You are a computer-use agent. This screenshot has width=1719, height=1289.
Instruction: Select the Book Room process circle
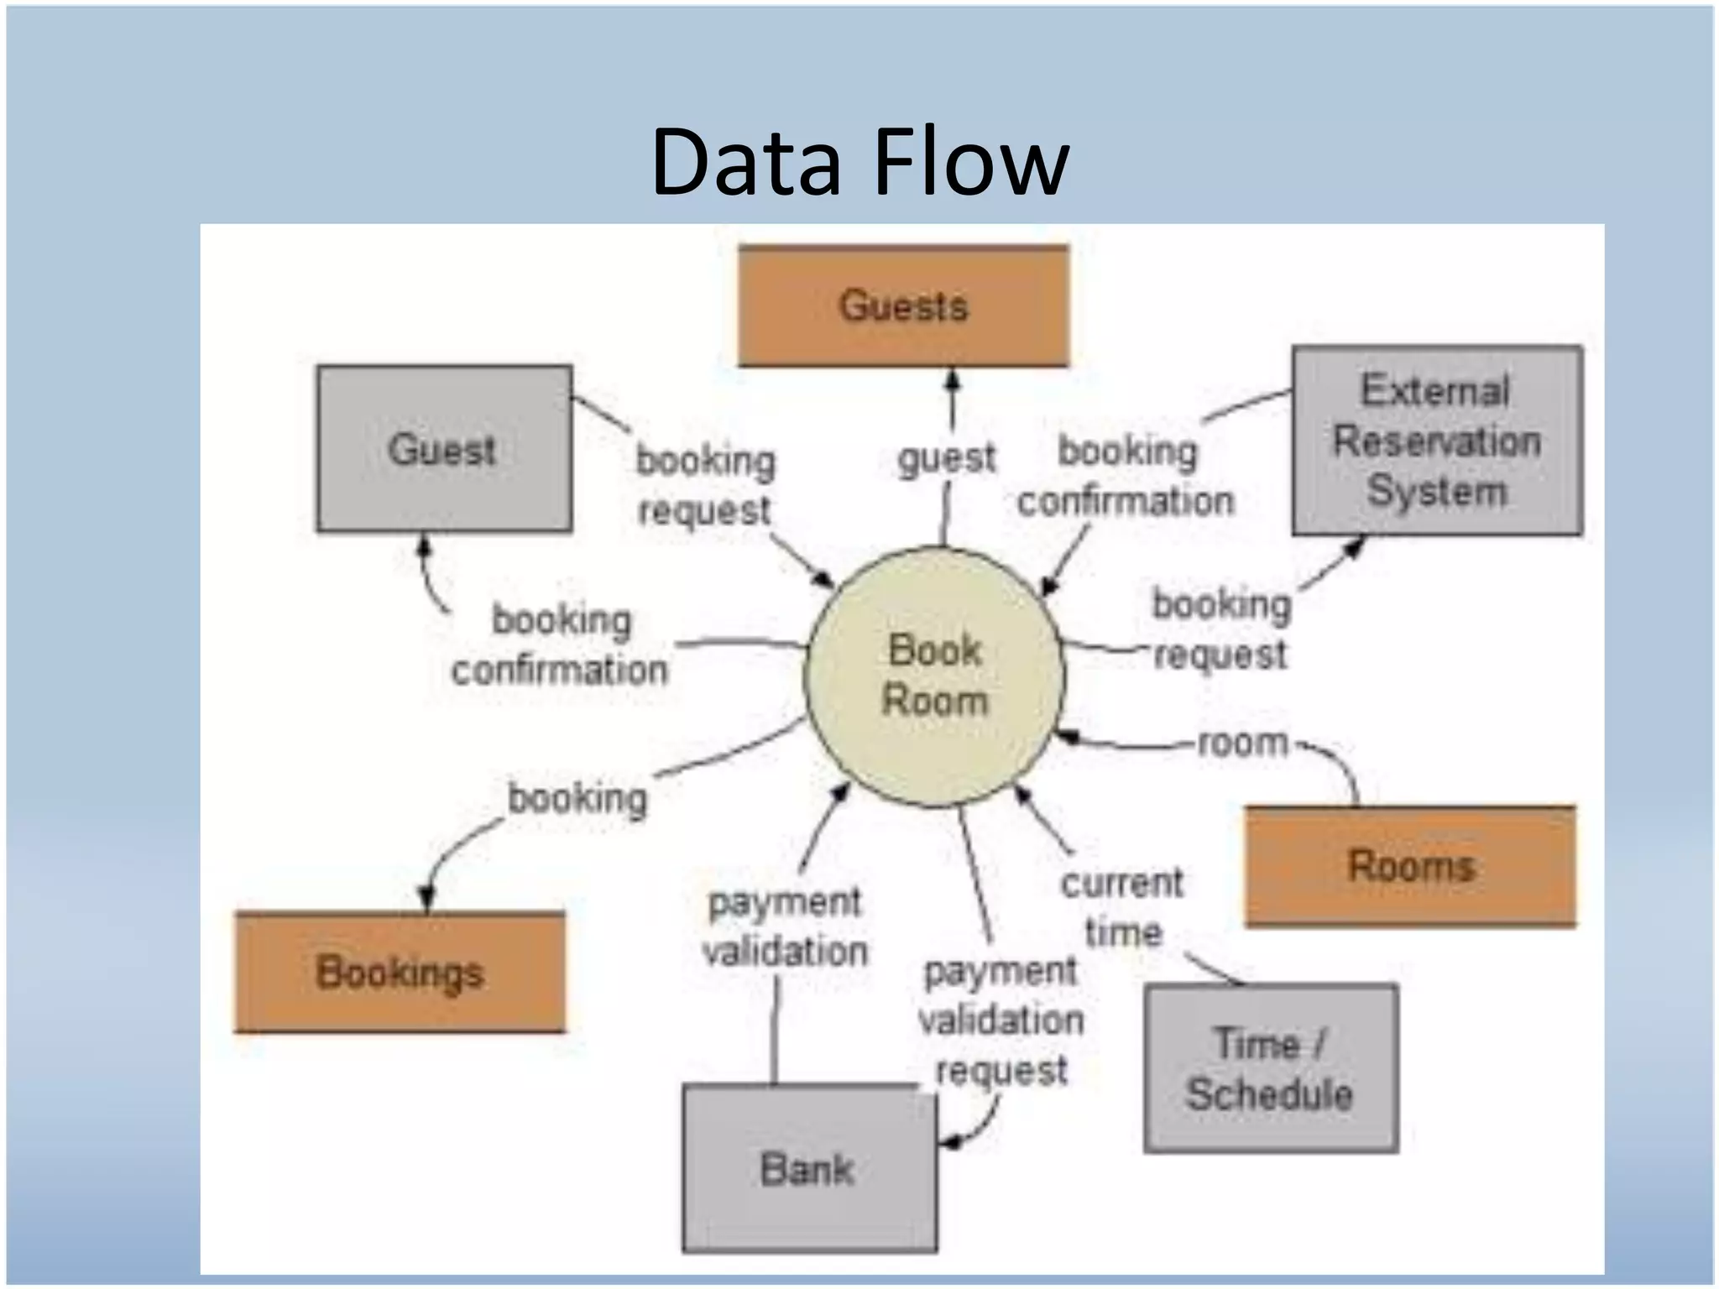(x=933, y=676)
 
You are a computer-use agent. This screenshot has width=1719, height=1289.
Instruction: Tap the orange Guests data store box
(x=903, y=306)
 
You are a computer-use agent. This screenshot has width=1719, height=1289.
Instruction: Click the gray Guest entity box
(x=444, y=449)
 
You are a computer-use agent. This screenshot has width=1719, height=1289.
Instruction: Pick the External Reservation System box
(x=1437, y=441)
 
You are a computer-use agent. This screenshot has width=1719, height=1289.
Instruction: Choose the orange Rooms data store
(x=1410, y=866)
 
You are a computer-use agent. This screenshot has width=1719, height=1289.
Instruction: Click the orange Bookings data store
(x=400, y=973)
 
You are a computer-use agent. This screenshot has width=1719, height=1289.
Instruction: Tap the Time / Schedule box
(x=1271, y=1068)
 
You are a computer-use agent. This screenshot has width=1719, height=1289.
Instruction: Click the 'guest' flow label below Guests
(x=946, y=459)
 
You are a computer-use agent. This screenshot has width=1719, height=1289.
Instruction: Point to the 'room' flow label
(x=1242, y=744)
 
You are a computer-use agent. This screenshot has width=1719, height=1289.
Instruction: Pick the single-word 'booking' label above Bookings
(x=577, y=798)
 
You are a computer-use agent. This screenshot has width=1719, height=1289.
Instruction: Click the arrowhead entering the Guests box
(x=952, y=379)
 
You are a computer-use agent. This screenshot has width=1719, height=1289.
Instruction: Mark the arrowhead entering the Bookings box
(x=427, y=900)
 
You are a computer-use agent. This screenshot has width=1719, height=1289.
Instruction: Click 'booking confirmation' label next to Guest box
(x=560, y=645)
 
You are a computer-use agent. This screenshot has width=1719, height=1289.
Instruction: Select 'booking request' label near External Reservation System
(x=1221, y=629)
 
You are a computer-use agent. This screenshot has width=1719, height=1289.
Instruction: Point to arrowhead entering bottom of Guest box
(x=425, y=545)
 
